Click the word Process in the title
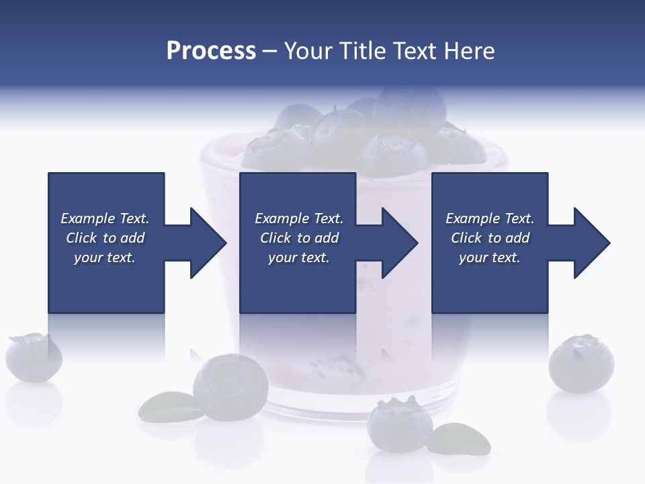[x=211, y=51]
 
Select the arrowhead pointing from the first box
[x=208, y=243]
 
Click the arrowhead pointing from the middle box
[x=400, y=243]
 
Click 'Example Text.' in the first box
[x=105, y=218]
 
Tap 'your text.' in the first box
[x=105, y=257]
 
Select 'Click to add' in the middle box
[x=299, y=238]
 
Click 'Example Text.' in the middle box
[x=299, y=218]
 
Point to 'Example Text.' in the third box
[x=490, y=218]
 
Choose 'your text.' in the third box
[x=490, y=257]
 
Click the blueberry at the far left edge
[x=33, y=357]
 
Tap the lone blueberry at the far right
[x=581, y=364]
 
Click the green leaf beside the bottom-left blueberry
[x=164, y=406]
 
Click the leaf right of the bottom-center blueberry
[x=460, y=438]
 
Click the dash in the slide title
[x=270, y=51]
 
